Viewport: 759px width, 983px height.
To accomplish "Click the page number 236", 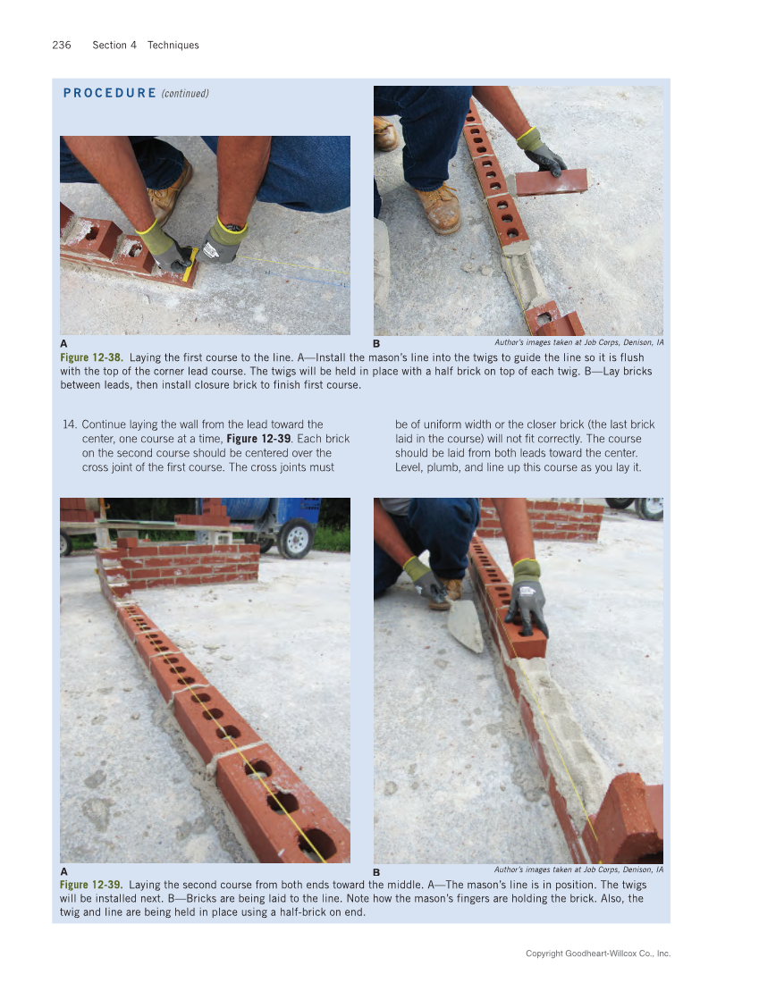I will pos(62,45).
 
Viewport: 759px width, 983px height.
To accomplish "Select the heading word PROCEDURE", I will pos(110,93).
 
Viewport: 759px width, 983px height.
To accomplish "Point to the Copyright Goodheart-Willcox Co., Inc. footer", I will pos(597,954).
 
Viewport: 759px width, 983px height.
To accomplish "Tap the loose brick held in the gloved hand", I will pos(550,182).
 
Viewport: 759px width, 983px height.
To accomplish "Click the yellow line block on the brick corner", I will pos(190,266).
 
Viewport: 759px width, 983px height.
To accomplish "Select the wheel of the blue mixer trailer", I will pos(294,539).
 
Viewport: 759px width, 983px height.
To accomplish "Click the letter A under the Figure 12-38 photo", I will pos(63,343).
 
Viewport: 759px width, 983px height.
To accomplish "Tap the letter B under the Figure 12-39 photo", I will pos(377,871).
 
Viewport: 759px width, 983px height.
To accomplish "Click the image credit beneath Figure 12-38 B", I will pos(578,342).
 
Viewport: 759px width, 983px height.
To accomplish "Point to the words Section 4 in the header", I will pos(114,45).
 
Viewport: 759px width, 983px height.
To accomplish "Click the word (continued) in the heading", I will pos(185,93).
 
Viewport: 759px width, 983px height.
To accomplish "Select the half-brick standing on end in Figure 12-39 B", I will pos(632,818).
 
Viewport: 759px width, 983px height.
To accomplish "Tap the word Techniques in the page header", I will pos(173,45).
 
